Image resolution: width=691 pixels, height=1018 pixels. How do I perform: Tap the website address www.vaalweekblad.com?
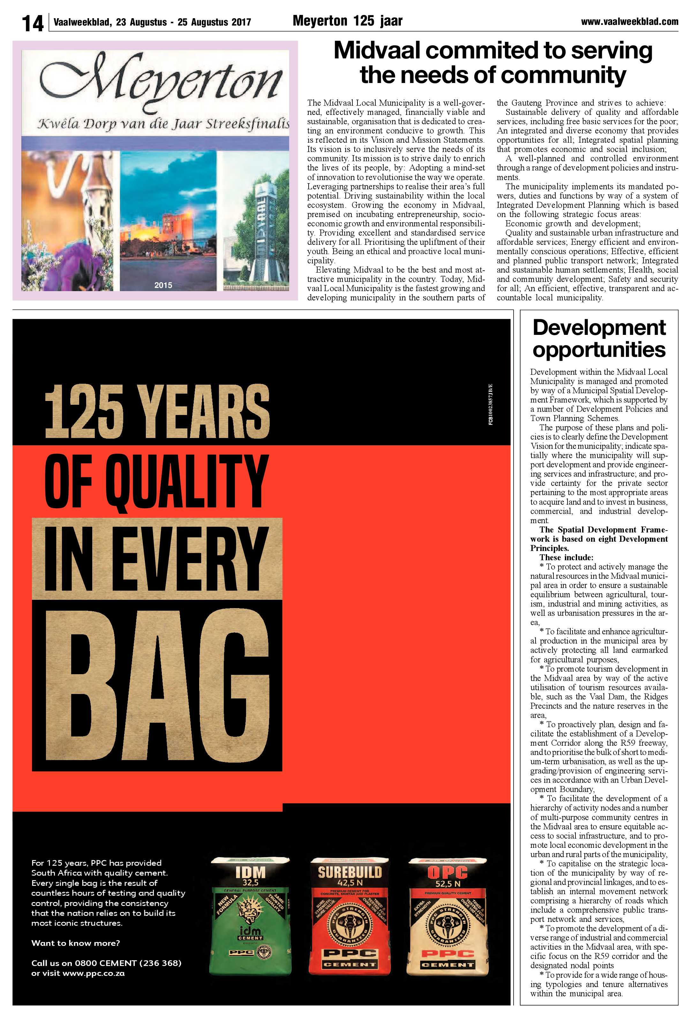[x=629, y=21]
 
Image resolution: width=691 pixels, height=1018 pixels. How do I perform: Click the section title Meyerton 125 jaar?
[x=347, y=20]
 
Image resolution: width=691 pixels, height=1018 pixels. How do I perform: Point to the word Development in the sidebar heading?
[x=599, y=327]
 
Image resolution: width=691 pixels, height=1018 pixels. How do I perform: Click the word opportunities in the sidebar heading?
[x=599, y=350]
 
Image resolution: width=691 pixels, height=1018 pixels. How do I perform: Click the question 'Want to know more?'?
[x=75, y=943]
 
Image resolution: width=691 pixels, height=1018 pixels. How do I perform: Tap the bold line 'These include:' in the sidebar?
[x=566, y=557]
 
